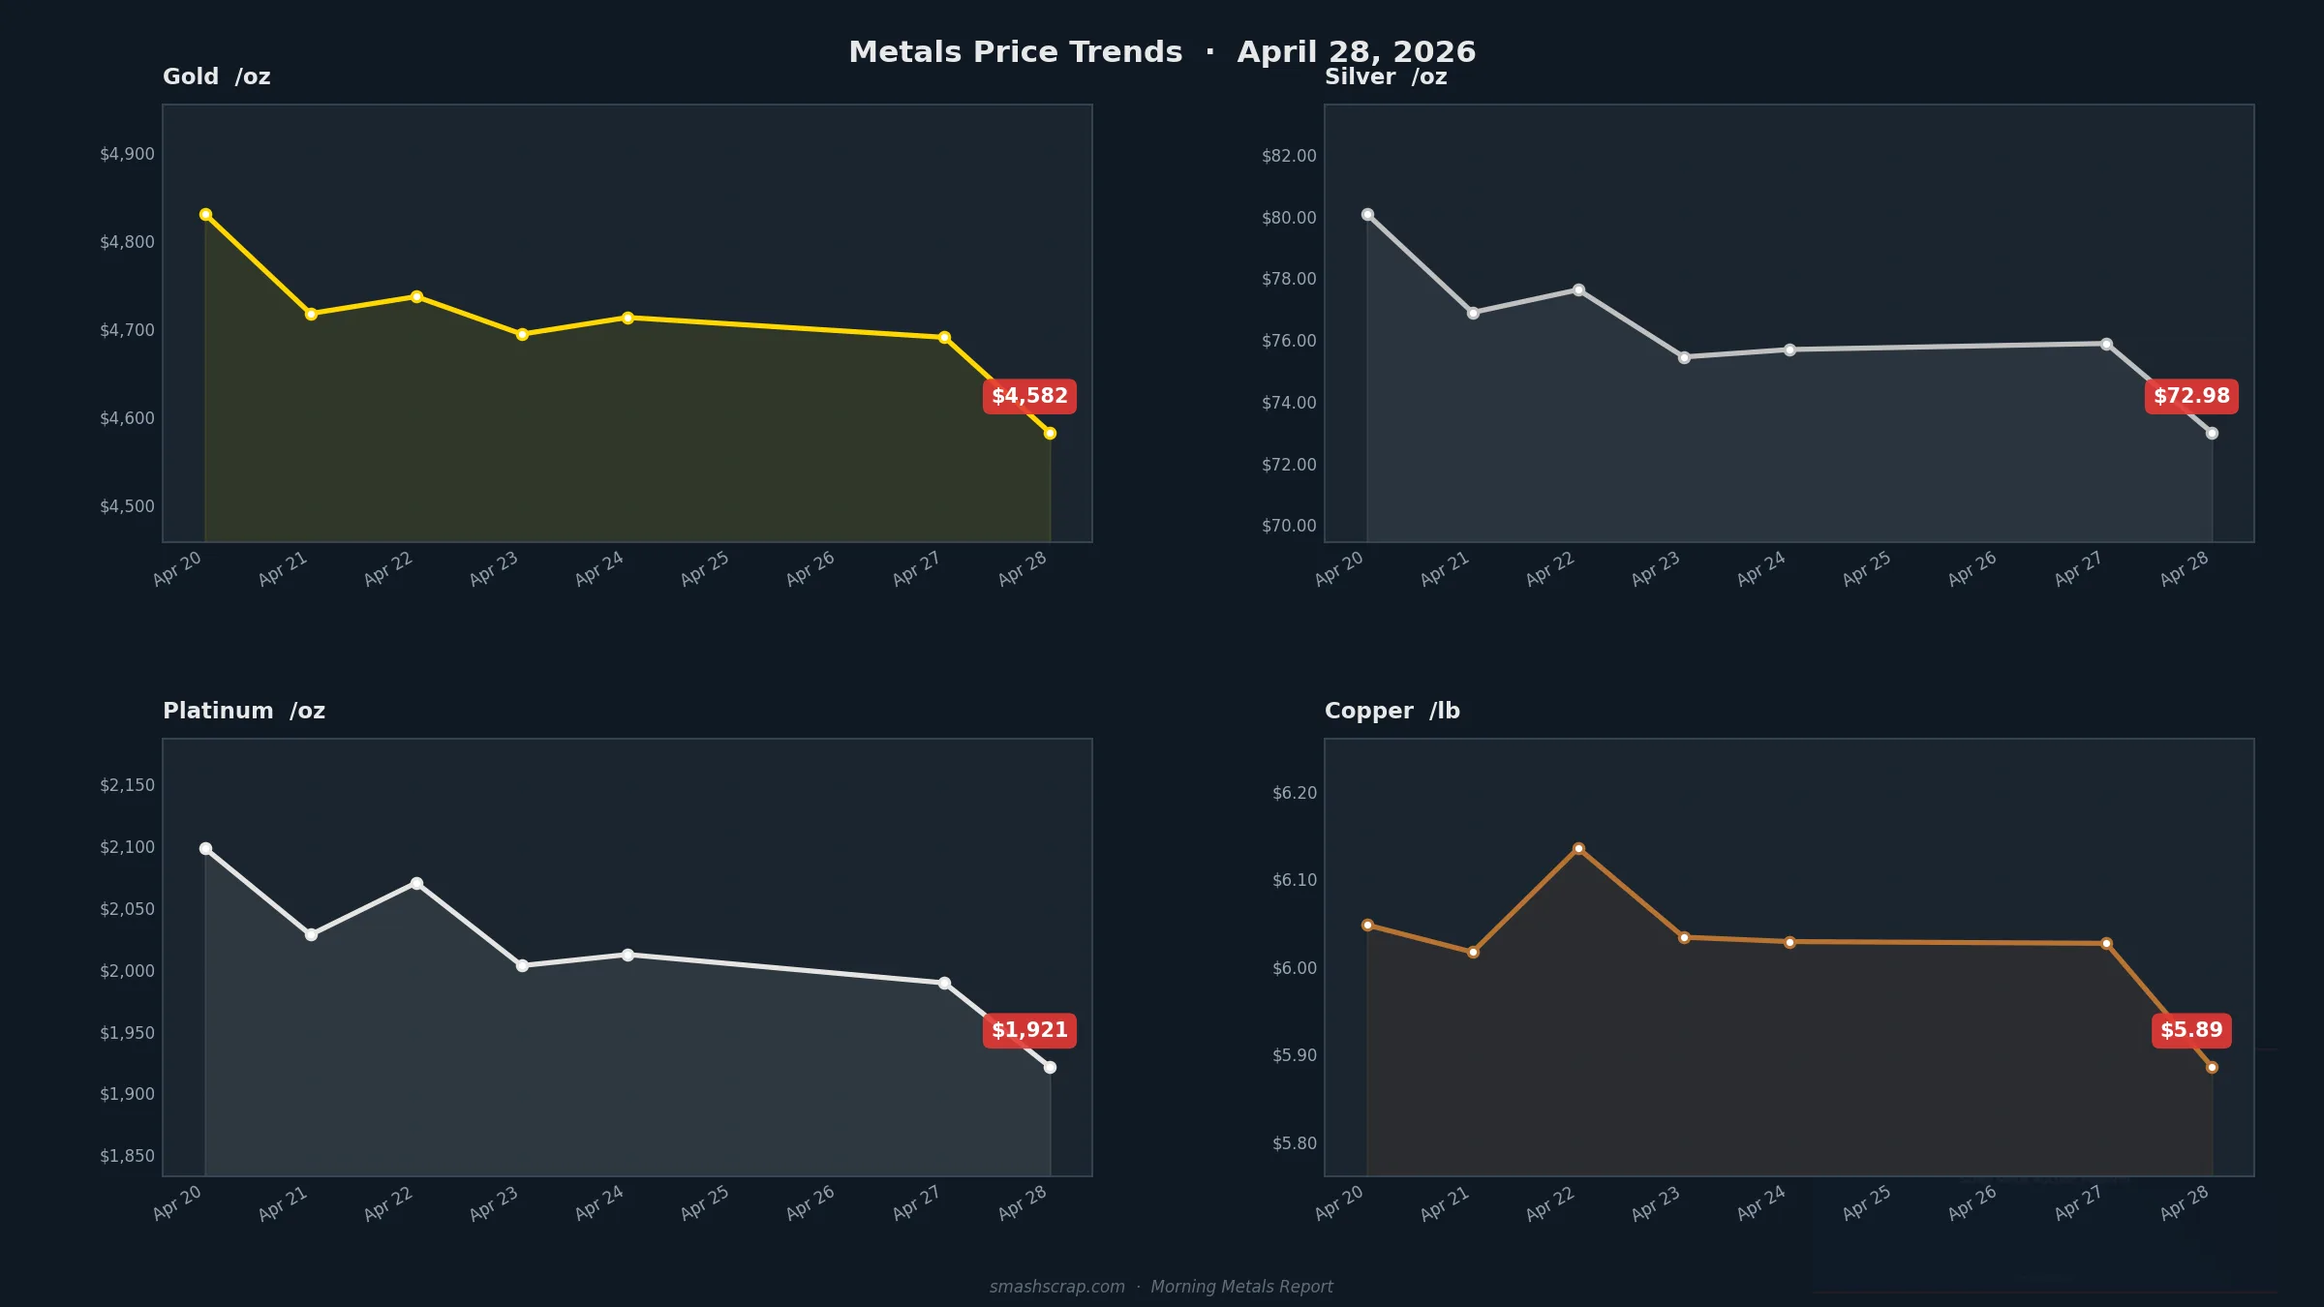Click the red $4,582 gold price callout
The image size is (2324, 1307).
[1029, 396]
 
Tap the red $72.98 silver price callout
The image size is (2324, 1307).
[2191, 396]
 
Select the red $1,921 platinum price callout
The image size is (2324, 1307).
[1029, 1030]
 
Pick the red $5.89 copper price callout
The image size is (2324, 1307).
[2191, 1030]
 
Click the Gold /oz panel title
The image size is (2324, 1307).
[216, 77]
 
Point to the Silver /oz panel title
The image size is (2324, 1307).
[1386, 77]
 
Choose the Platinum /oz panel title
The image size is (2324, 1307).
[244, 712]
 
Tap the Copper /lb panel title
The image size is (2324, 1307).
[1391, 712]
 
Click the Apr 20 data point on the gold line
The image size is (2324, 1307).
[205, 214]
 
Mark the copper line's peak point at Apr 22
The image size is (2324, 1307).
[1578, 848]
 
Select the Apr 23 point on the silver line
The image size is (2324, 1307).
[1684, 357]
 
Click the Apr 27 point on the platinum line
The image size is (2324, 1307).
[944, 983]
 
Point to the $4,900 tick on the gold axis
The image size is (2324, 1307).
[127, 154]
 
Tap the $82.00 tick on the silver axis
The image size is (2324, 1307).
[1289, 156]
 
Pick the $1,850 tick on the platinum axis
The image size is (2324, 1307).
[127, 1156]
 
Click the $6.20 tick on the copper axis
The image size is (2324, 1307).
[1295, 793]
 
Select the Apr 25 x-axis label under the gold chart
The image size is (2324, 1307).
[705, 568]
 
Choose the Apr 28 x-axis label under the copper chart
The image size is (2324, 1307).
[2185, 1202]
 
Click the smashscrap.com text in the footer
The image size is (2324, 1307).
[1056, 1287]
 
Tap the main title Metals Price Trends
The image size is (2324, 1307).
[1015, 52]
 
